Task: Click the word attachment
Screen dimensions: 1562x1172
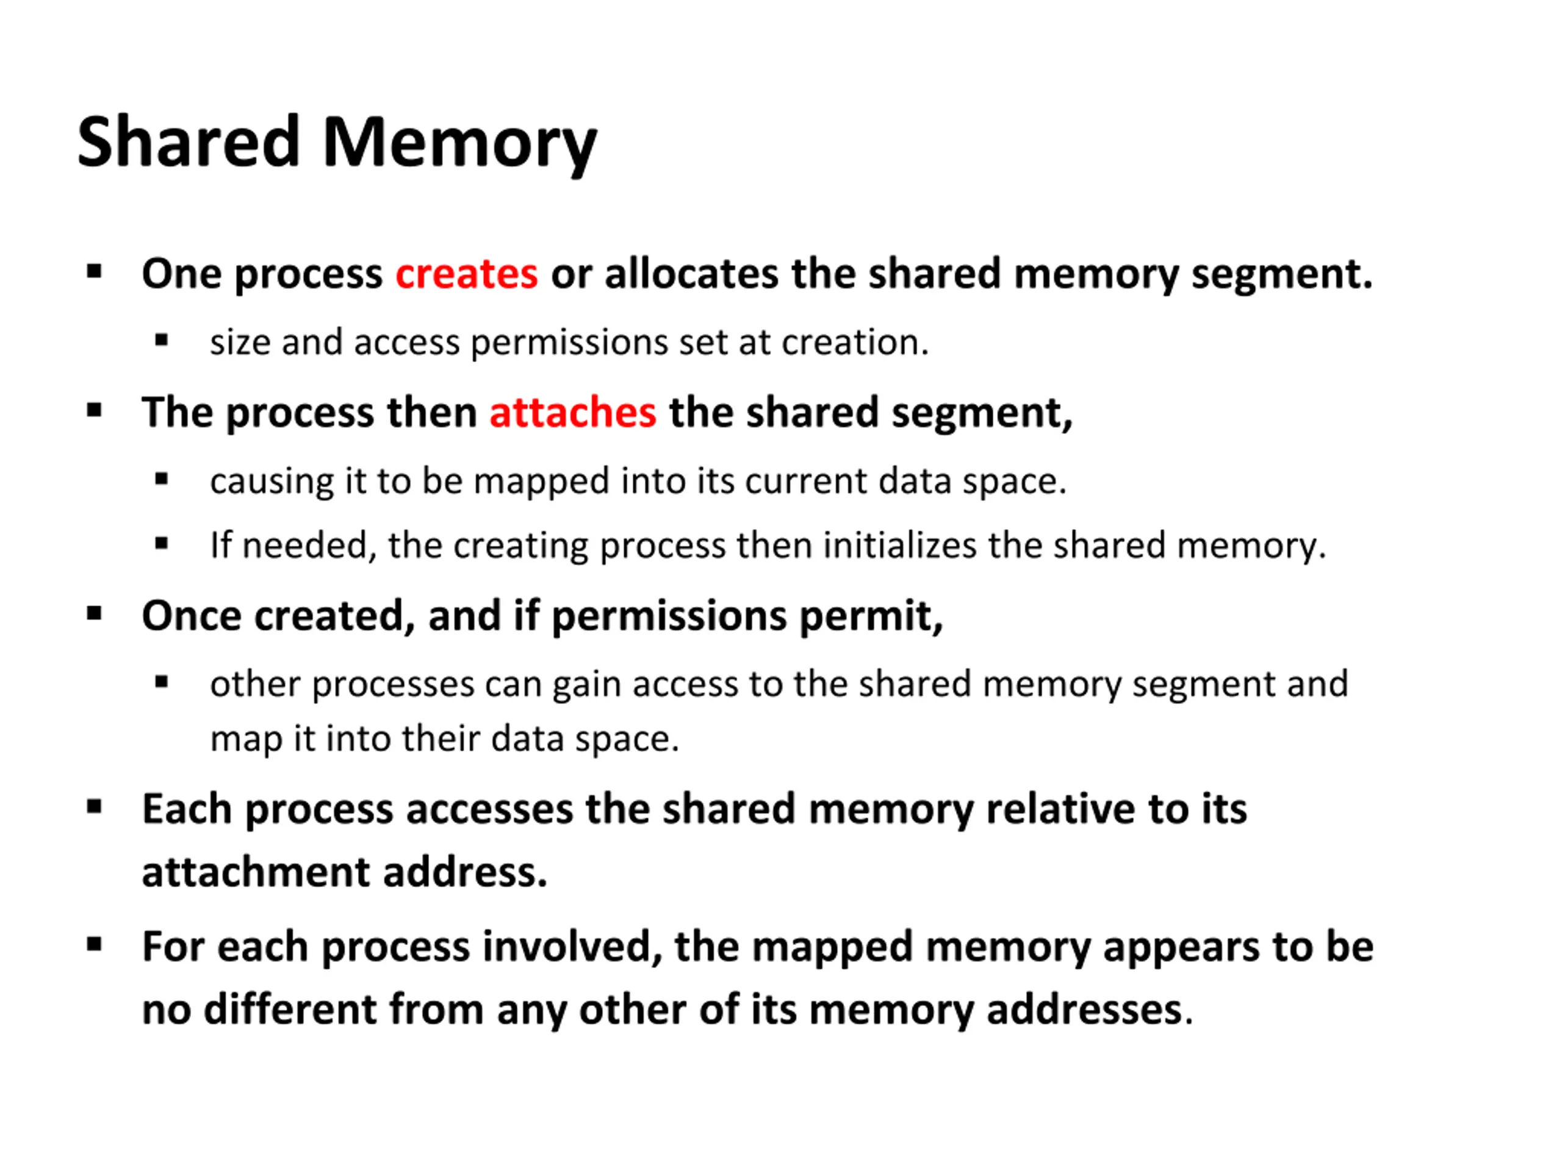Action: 256,872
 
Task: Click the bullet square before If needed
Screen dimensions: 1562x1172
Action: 162,544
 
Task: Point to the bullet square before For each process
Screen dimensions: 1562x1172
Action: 94,945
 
